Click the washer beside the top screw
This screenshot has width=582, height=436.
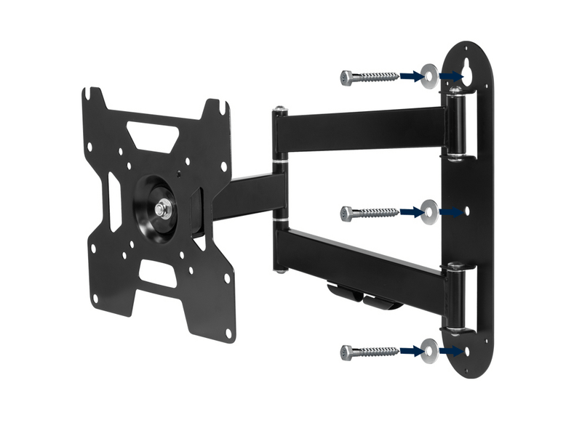pos(429,74)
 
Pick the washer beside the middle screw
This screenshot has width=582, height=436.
pos(429,211)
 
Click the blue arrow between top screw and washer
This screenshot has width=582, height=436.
pos(410,76)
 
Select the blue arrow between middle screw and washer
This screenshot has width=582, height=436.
pos(410,212)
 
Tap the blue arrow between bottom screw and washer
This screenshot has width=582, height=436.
pos(410,352)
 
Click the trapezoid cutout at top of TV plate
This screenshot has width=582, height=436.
pos(152,135)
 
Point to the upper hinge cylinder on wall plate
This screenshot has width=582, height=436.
pos(455,124)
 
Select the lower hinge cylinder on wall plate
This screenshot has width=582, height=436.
pos(457,294)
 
